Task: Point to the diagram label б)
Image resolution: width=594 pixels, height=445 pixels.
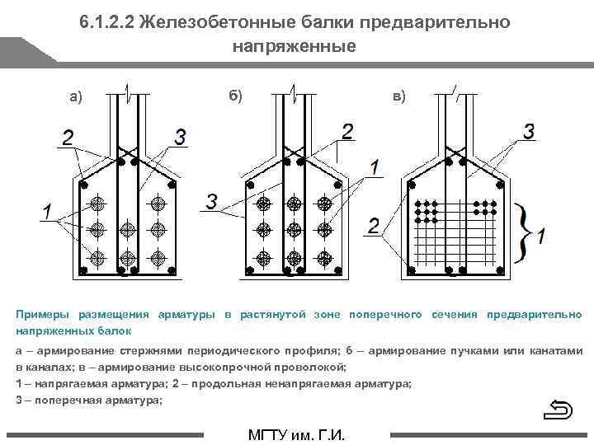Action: coord(236,96)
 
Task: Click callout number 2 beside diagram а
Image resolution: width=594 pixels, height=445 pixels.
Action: coord(67,136)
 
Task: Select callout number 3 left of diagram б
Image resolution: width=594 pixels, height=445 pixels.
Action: coord(211,201)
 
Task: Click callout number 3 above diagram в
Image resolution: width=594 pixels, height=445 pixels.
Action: coord(529,130)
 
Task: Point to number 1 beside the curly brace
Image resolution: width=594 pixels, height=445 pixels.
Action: coord(540,237)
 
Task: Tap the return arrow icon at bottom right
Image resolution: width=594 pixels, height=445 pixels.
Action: coord(560,410)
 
